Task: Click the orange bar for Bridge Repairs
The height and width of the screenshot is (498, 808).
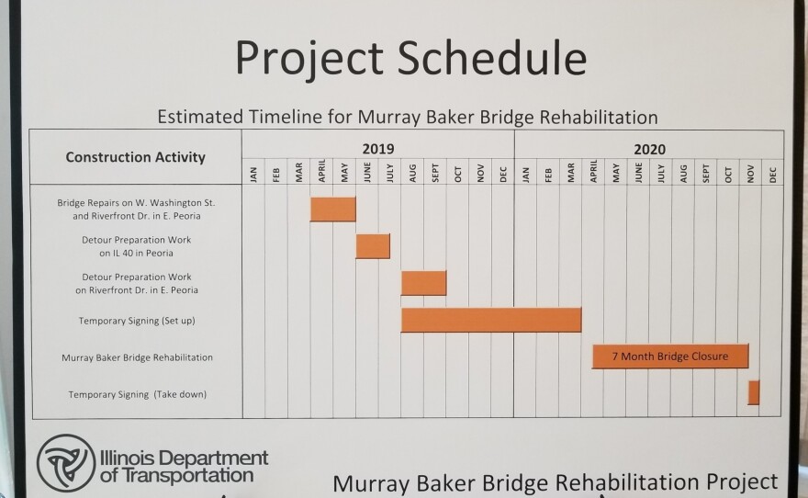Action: pos(333,209)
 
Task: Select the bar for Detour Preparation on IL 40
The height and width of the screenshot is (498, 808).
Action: pos(373,246)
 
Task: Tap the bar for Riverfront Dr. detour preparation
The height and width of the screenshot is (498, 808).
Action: pos(423,283)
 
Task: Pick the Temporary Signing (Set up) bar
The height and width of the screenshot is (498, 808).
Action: pos(491,320)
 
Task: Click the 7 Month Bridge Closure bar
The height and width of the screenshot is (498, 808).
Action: pos(670,357)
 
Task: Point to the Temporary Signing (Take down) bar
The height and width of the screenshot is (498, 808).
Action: pos(754,393)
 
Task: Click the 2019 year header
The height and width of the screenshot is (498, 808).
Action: pos(378,149)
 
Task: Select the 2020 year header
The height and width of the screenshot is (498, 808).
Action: pos(650,150)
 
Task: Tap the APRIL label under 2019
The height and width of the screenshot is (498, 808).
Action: pos(321,171)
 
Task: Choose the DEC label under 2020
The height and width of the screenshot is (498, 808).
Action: pos(772,175)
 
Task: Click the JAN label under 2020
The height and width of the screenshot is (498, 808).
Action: pos(525,175)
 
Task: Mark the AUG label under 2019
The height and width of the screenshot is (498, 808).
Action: pos(412,174)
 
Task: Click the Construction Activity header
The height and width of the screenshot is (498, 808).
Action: pos(136,157)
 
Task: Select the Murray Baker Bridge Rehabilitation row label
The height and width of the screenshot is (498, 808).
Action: pos(137,357)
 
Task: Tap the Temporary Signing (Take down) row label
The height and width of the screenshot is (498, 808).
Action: pos(138,394)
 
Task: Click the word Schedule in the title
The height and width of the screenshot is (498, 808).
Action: pos(492,57)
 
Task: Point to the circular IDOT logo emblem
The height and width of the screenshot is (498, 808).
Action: pos(66,462)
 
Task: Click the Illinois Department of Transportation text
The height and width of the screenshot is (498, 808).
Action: pos(184,466)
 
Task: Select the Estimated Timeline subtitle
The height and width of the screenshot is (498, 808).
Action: pos(408,117)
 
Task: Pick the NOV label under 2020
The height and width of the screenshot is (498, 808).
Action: pos(750,174)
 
